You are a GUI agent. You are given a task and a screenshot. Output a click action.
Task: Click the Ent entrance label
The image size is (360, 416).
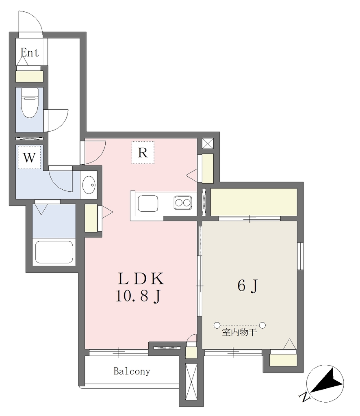[30, 52]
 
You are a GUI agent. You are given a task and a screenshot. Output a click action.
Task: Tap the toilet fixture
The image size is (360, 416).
[29, 103]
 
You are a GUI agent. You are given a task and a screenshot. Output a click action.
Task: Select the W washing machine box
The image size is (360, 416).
[29, 157]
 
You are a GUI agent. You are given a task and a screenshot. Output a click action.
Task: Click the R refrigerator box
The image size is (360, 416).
[143, 153]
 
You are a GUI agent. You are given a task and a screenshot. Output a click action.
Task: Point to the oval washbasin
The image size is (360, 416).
[89, 185]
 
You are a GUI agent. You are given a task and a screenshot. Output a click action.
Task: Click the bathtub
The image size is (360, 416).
[54, 252]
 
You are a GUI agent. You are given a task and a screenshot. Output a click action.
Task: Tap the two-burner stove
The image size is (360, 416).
[183, 203]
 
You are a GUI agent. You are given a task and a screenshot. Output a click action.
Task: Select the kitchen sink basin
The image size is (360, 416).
[148, 204]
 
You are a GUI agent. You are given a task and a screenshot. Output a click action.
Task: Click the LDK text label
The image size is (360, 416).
[141, 279]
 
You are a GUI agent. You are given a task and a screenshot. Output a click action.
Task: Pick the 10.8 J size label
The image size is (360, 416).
[138, 296]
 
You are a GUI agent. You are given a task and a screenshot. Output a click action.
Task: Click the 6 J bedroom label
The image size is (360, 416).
[247, 286]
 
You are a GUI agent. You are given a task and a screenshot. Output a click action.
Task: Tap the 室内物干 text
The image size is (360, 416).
[239, 332]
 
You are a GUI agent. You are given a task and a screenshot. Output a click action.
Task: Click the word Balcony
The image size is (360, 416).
[132, 371]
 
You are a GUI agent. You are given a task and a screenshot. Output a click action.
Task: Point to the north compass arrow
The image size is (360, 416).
[327, 381]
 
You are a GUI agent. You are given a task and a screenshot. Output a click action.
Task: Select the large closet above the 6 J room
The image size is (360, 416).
[254, 202]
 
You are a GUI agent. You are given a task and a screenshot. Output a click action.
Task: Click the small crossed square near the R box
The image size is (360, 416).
[208, 143]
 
